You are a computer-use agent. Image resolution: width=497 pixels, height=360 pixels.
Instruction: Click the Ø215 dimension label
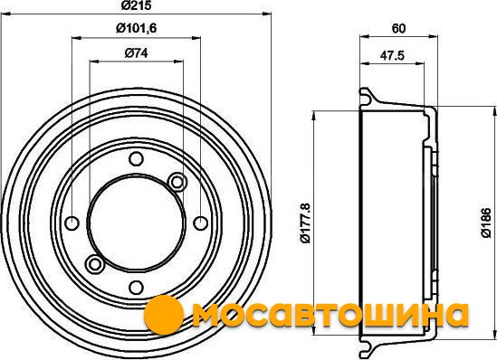coord(137,5)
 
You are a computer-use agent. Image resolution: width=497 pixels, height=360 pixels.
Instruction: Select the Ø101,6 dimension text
coord(137,29)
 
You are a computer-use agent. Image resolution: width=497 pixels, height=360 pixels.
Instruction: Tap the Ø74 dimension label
coord(137,52)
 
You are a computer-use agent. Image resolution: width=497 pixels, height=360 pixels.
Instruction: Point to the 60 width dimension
coord(398,29)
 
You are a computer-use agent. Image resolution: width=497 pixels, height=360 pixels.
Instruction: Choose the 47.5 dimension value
coord(392,56)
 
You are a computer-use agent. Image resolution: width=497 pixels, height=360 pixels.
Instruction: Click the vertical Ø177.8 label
coord(306,223)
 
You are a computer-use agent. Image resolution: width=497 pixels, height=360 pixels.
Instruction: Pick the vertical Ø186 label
coord(485,223)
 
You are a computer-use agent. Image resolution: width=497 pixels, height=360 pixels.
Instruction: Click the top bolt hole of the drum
coord(137,158)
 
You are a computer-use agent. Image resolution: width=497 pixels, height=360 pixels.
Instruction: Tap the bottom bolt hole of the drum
coord(137,287)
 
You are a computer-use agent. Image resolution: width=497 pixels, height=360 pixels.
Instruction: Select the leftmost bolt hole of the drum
coord(72,223)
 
